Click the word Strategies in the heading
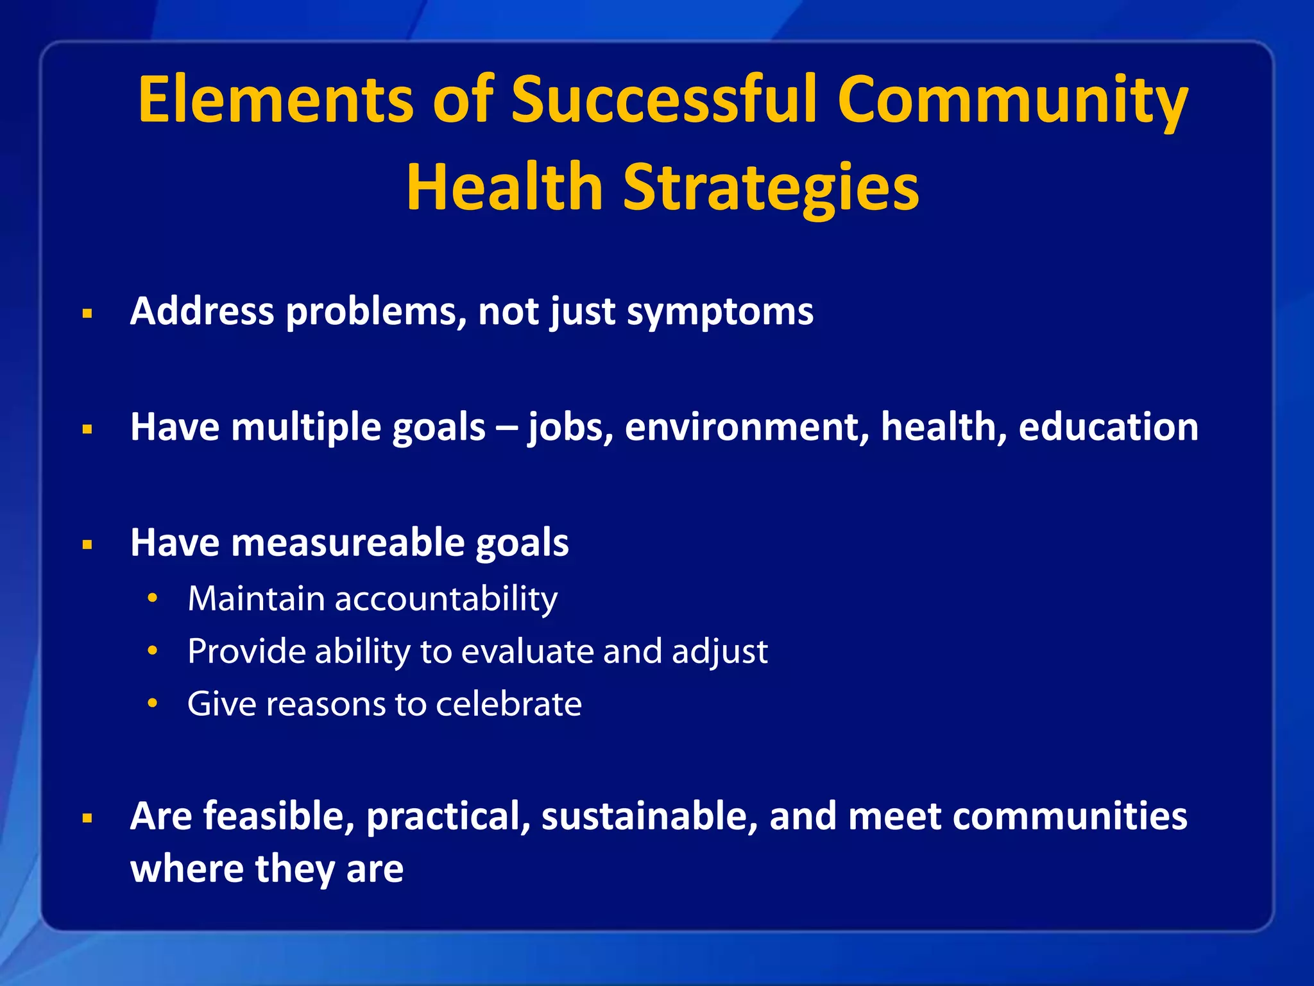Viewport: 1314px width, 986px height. [771, 187]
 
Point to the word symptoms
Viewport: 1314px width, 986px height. [719, 313]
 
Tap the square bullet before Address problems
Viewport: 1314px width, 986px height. [88, 314]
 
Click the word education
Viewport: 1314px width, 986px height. [1108, 428]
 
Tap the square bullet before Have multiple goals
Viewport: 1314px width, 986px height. [88, 429]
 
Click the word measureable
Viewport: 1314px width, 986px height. [348, 543]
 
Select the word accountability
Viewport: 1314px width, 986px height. [446, 600]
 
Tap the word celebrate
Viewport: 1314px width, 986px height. [509, 704]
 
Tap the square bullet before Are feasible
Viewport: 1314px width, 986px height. [88, 818]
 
